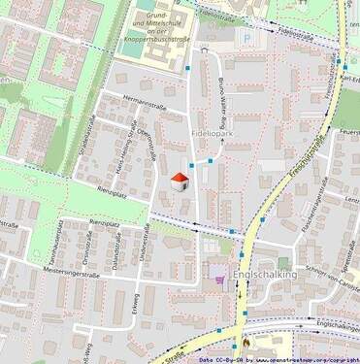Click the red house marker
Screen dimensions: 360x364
click(180, 181)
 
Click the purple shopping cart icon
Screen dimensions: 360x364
click(219, 279)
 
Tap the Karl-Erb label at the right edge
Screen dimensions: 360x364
click(350, 78)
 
